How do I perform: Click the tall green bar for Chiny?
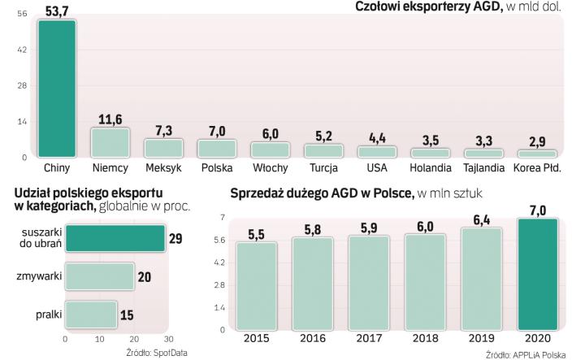pyautogui.click(x=57, y=88)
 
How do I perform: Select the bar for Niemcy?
pyautogui.click(x=110, y=142)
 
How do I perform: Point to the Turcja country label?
pyautogui.click(x=323, y=168)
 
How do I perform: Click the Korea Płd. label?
pyautogui.click(x=537, y=168)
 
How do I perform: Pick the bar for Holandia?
pyautogui.click(x=430, y=152)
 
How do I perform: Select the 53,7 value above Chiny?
pyautogui.click(x=57, y=10)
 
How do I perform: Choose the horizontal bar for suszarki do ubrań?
pyautogui.click(x=115, y=238)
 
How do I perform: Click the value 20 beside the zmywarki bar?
pyautogui.click(x=144, y=277)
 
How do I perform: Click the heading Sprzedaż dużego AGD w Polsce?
pyautogui.click(x=322, y=193)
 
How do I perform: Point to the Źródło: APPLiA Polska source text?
pyautogui.click(x=526, y=354)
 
